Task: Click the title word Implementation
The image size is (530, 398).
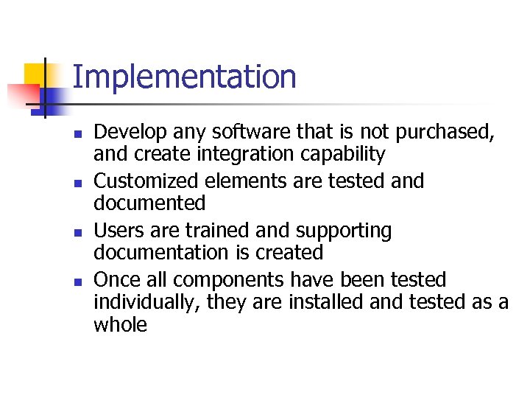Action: pos(184,77)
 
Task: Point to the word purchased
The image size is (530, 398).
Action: pos(444,133)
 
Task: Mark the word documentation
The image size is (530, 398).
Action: pos(161,253)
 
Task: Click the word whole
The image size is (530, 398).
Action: pos(121,324)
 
